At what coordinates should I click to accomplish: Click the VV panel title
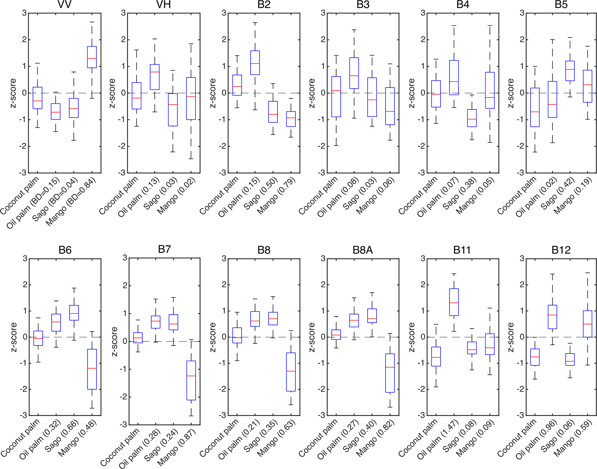(64, 5)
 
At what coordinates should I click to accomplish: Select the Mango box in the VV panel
(92, 57)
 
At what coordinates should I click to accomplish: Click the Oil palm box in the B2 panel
(255, 63)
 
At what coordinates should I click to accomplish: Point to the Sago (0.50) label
(261, 193)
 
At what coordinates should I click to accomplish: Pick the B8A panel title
(363, 250)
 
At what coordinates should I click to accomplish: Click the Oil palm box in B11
(454, 302)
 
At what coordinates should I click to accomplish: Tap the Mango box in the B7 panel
(191, 380)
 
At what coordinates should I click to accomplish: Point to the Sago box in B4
(472, 118)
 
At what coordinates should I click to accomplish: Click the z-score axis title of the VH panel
(112, 93)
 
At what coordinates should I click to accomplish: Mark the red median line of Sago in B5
(570, 70)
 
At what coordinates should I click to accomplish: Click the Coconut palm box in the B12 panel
(535, 357)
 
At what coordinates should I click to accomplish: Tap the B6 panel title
(65, 250)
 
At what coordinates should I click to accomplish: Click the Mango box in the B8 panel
(291, 372)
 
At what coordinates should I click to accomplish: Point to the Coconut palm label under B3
(318, 196)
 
